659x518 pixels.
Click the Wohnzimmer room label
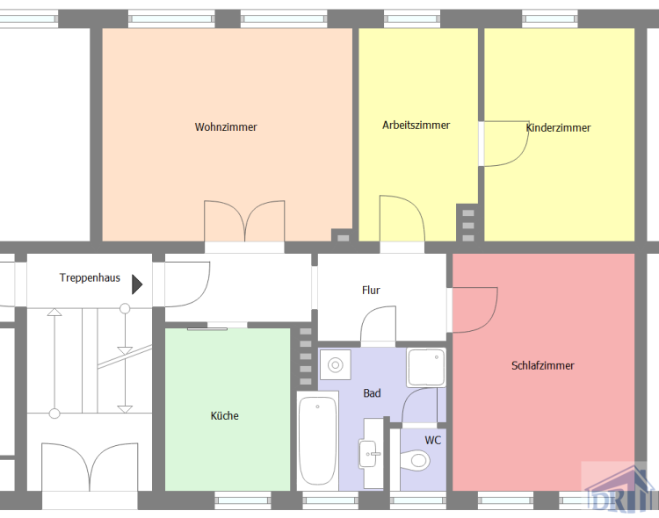[226, 127]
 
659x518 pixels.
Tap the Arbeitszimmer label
[416, 125]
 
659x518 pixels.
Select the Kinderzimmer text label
[559, 128]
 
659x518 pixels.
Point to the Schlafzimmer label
[542, 365]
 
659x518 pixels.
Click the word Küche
[224, 415]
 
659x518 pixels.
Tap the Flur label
[371, 290]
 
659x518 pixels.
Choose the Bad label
[373, 393]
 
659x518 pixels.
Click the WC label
[433, 440]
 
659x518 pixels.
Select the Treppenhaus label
[90, 277]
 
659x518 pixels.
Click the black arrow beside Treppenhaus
[137, 284]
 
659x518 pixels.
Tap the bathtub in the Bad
[317, 441]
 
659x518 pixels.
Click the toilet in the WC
[417, 460]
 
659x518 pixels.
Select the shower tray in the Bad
[426, 368]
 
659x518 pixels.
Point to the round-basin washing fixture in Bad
[335, 363]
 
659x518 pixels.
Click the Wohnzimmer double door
[244, 221]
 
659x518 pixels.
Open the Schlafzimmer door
[474, 309]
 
